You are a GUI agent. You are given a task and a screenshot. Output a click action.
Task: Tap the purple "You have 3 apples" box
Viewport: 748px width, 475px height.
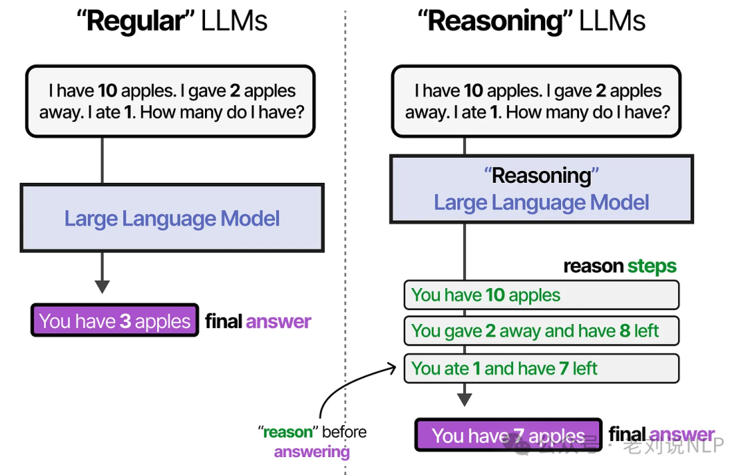[x=115, y=321]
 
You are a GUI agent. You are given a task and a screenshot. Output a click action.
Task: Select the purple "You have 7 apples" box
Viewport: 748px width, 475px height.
[x=508, y=436]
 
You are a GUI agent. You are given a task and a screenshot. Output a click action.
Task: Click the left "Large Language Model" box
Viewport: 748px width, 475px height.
[x=172, y=219]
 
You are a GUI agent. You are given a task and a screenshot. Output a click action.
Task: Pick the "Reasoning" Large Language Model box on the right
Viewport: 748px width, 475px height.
[x=542, y=189]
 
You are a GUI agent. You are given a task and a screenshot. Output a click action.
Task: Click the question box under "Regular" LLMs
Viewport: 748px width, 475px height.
[x=170, y=101]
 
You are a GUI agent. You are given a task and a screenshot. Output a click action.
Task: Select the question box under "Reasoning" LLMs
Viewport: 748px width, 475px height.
[x=536, y=101]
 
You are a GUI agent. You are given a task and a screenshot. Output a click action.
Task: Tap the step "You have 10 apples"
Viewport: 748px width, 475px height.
[x=541, y=295]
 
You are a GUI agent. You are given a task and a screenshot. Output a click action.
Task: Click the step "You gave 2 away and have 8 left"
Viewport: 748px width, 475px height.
[x=541, y=331]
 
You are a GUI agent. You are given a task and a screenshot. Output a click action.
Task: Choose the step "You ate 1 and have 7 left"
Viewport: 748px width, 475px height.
[x=541, y=368]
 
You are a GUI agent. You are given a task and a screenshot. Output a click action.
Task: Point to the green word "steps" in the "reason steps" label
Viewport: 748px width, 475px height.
[x=652, y=267]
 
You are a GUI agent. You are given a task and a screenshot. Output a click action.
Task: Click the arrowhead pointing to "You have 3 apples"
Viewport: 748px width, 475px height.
[x=103, y=286]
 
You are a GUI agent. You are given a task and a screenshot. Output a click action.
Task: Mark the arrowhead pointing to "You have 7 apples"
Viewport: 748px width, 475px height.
[x=465, y=400]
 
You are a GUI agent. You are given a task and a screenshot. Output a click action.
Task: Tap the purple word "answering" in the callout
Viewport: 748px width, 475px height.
[x=312, y=452]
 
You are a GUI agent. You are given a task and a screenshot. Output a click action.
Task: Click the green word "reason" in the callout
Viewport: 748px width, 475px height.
[x=288, y=432]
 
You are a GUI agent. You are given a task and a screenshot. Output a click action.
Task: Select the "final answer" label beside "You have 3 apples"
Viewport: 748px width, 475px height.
[x=258, y=321]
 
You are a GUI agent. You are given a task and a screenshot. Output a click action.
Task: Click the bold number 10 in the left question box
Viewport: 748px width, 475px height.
[x=107, y=91]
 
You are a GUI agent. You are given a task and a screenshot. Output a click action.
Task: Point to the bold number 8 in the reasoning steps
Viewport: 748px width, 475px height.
[x=625, y=331]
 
